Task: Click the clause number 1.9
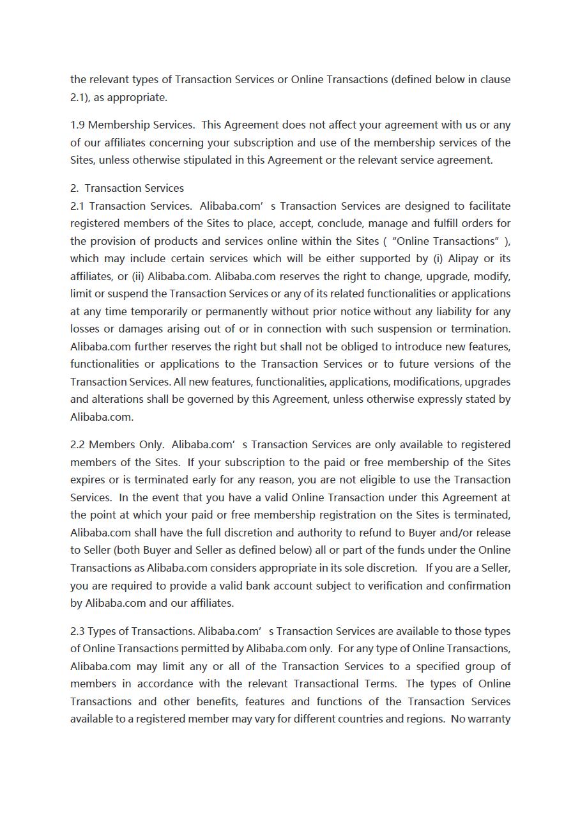pyautogui.click(x=78, y=125)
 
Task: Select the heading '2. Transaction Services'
pyautogui.click(x=127, y=188)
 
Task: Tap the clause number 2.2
pyautogui.click(x=78, y=444)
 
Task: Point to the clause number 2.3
pyautogui.click(x=77, y=631)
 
